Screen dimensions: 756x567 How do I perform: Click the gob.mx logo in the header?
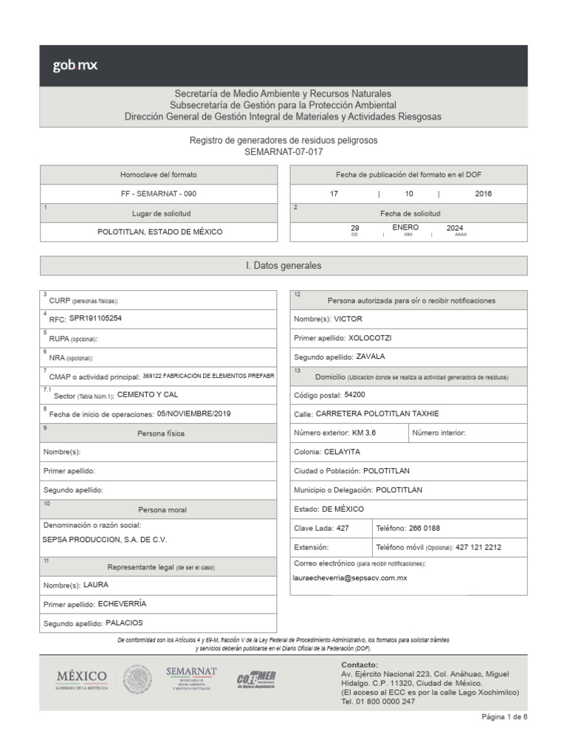coord(75,66)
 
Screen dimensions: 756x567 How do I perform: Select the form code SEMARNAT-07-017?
coord(283,151)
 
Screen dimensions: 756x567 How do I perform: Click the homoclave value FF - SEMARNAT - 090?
coord(159,193)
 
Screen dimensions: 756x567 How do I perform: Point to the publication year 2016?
coord(484,193)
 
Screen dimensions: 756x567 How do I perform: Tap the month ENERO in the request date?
coord(405,227)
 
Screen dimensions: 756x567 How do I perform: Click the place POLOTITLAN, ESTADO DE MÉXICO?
coord(159,232)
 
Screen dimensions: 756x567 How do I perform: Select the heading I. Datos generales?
coord(283,266)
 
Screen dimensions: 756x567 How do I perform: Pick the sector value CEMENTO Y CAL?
coord(148,394)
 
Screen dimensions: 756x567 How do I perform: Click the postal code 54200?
coord(349,395)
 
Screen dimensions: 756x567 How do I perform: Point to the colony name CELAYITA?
coord(342,452)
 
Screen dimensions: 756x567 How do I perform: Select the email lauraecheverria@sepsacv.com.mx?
coord(350,578)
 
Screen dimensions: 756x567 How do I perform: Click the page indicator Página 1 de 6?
coord(504,717)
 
